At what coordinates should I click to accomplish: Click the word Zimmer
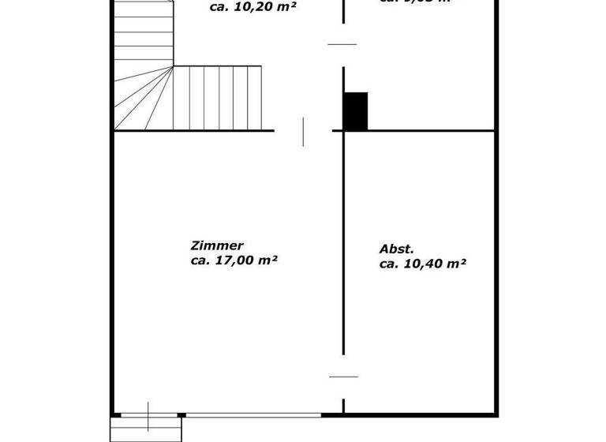(217, 245)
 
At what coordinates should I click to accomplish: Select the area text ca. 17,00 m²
(234, 260)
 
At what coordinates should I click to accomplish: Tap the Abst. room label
(396, 249)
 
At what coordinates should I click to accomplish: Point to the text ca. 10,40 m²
(422, 264)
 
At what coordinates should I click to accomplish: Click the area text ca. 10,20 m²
(252, 8)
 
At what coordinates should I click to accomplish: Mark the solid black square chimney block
(356, 110)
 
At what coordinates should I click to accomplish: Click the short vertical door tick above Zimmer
(303, 131)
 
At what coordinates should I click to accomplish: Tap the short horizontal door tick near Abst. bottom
(343, 376)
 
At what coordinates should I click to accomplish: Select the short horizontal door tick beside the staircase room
(342, 44)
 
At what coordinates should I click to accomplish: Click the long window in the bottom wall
(253, 414)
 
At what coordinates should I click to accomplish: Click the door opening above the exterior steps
(148, 414)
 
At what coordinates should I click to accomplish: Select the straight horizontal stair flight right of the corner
(217, 98)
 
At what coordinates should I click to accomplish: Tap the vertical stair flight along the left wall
(142, 32)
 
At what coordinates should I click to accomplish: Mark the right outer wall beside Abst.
(496, 268)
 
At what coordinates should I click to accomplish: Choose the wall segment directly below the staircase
(193, 130)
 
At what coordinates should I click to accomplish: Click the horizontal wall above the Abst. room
(418, 130)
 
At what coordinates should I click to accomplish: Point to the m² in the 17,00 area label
(269, 260)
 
